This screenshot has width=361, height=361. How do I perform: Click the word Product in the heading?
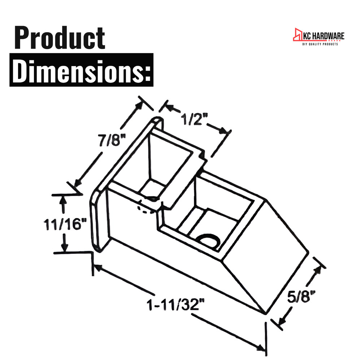coord(60,38)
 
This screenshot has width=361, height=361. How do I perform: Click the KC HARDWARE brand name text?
coord(323,36)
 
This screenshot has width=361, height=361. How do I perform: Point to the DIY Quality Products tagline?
coord(320,44)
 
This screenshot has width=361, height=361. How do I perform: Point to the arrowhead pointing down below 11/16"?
coord(65,247)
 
